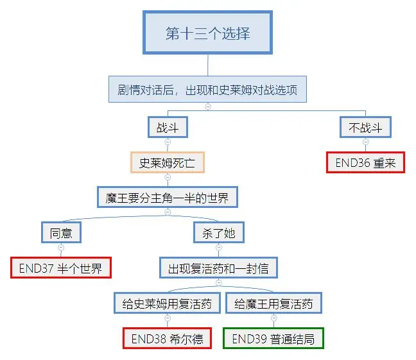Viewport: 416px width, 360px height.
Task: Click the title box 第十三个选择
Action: point(207,33)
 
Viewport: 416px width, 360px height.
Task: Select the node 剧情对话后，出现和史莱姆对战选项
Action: point(207,90)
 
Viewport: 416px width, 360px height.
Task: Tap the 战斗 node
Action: point(167,128)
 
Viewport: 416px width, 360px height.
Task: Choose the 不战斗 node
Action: point(365,128)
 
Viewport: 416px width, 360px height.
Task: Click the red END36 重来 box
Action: point(365,162)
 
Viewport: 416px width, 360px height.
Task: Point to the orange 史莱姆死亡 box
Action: point(167,162)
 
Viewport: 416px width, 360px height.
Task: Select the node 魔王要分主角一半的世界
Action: point(167,197)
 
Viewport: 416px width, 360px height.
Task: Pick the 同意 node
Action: point(61,232)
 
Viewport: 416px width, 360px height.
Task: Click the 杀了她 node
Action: point(218,232)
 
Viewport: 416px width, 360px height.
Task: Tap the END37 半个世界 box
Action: point(61,267)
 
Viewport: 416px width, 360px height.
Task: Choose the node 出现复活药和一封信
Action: point(218,268)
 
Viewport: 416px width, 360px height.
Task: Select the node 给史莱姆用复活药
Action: point(167,303)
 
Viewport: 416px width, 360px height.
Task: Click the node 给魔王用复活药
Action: point(273,303)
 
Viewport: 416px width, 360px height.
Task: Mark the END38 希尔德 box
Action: point(167,338)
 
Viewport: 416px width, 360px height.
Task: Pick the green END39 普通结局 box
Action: point(273,338)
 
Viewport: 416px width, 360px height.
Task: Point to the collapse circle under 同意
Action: point(61,247)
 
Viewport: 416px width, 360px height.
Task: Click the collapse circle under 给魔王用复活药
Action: point(273,318)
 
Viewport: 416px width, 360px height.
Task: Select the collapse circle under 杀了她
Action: point(218,247)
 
